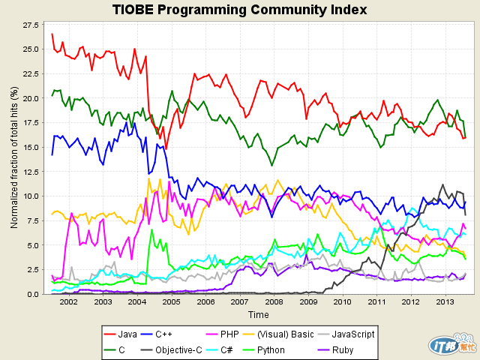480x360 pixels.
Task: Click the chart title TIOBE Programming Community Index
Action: (239, 10)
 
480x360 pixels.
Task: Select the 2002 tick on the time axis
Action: (69, 302)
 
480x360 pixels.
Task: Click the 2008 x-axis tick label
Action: (274, 302)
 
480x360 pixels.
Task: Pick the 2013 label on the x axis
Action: (445, 302)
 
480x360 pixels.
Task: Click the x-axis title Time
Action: (259, 314)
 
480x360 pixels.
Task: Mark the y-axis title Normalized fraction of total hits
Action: (13, 158)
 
